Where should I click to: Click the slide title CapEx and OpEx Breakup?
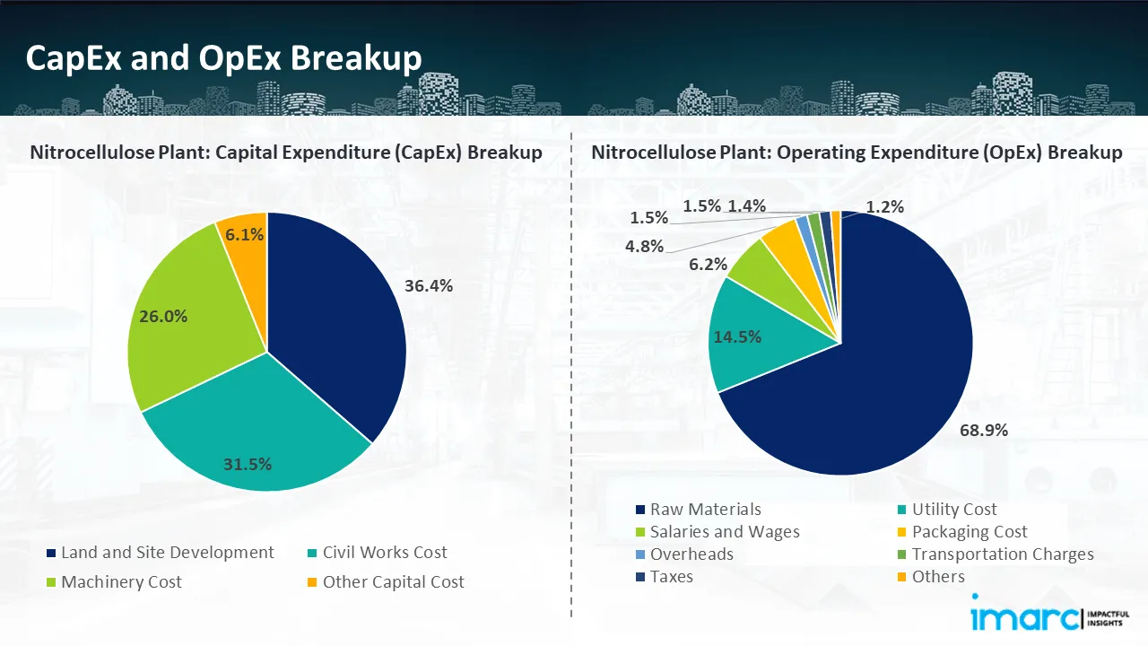pos(223,58)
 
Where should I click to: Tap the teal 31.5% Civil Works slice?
pos(260,431)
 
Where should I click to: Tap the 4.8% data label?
pos(644,246)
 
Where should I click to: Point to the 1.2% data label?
pos(884,207)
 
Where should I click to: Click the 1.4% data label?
pos(746,206)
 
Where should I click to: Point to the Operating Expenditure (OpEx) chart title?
pos(857,153)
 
